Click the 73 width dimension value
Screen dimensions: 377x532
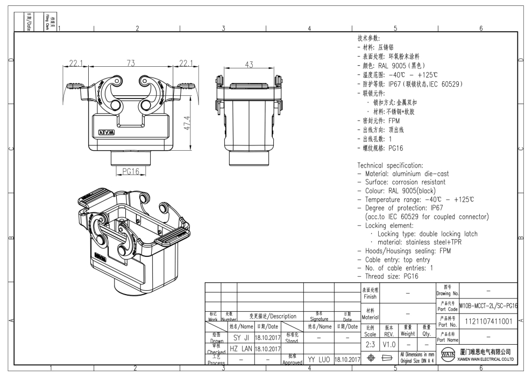pos(131,63)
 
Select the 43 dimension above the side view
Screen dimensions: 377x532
pos(249,65)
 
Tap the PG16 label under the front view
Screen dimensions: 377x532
pos(131,171)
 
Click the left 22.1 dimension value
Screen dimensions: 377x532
pos(80,64)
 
